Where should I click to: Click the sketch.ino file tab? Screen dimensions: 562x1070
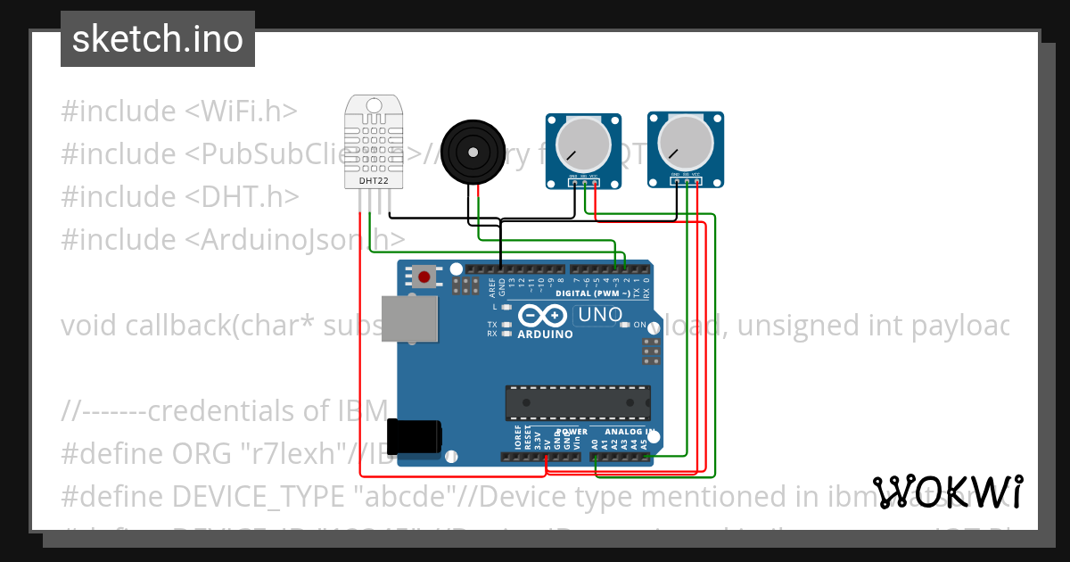point(157,39)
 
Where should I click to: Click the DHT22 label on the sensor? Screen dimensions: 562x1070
point(373,181)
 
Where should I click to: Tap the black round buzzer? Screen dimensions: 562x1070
point(472,153)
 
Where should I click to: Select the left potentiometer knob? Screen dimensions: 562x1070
point(584,145)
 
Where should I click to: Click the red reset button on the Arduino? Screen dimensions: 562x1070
point(424,277)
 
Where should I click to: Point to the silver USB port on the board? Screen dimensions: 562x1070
point(409,318)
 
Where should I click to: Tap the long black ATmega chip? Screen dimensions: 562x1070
point(577,402)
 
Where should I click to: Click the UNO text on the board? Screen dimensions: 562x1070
point(600,314)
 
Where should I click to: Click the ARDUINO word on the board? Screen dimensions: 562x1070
point(545,335)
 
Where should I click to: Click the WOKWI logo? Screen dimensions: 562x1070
point(948,492)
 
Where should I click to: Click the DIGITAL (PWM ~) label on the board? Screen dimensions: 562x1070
point(593,293)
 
